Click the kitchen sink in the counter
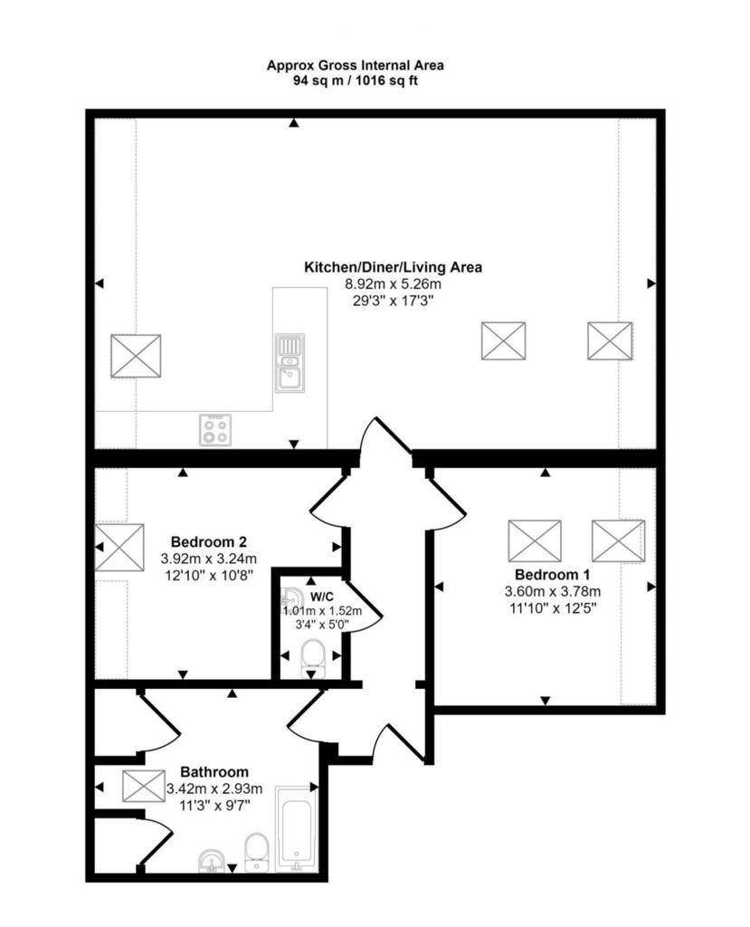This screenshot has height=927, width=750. [x=290, y=363]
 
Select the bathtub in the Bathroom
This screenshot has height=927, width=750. [x=297, y=828]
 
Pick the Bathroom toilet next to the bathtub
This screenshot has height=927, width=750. [x=257, y=852]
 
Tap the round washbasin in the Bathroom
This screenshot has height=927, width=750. [x=212, y=861]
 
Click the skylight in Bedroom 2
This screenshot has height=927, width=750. [x=119, y=548]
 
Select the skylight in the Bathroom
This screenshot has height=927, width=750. [x=144, y=787]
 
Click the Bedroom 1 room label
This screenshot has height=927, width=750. [x=552, y=574]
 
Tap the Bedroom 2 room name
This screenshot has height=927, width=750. [x=209, y=541]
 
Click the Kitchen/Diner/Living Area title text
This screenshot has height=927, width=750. [x=393, y=267]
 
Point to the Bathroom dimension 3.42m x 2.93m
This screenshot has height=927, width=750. [x=214, y=788]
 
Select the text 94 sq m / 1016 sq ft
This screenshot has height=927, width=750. [x=356, y=81]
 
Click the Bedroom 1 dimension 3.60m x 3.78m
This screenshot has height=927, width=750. [x=553, y=591]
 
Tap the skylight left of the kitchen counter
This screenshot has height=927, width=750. [x=136, y=356]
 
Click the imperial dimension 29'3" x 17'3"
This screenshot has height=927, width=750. [x=393, y=301]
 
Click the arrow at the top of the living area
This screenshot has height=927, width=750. [x=294, y=123]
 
